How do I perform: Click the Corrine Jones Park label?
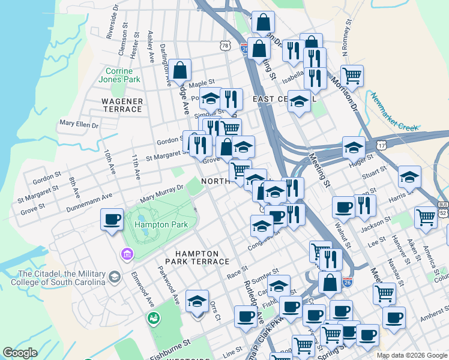119,75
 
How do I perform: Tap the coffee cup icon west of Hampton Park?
112,220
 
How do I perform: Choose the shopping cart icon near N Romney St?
352,76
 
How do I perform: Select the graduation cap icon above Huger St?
354,147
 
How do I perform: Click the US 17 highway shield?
382,145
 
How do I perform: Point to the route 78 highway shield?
224,46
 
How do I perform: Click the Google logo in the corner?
20,353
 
